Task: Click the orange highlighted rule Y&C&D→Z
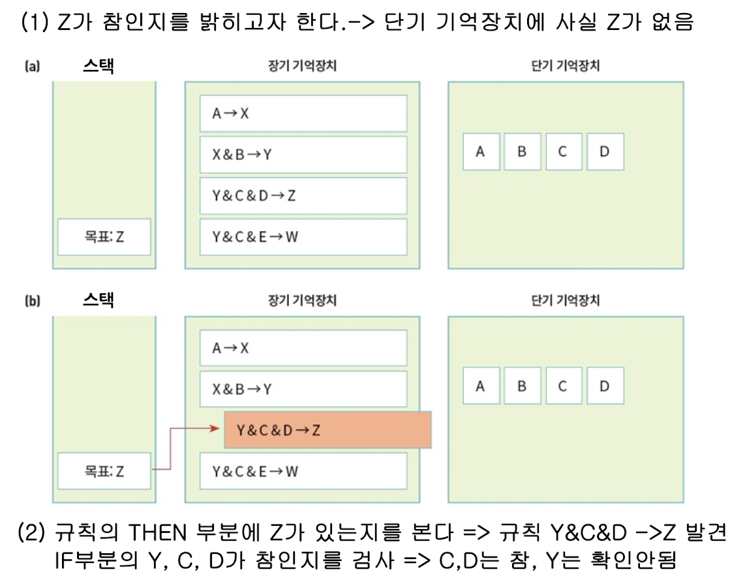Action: [x=327, y=430]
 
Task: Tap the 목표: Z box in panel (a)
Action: [x=104, y=236]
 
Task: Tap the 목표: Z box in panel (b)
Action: [x=104, y=471]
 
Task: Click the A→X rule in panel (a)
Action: [x=303, y=113]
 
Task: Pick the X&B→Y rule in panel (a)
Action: [x=303, y=154]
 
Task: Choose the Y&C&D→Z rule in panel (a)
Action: [x=303, y=195]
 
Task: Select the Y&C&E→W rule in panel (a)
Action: [x=303, y=236]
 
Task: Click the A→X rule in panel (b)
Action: [x=303, y=348]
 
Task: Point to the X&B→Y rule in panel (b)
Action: [x=303, y=389]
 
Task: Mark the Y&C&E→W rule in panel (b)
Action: [x=303, y=471]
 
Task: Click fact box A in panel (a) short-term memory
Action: [x=481, y=152]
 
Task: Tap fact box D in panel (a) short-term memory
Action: [x=605, y=152]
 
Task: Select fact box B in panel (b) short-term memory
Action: [x=522, y=385]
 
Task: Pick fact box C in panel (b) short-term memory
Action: [x=563, y=385]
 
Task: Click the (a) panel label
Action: [x=32, y=66]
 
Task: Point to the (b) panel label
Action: [x=32, y=301]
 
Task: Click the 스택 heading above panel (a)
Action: [x=99, y=65]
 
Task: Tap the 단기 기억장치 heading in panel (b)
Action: [x=566, y=300]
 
